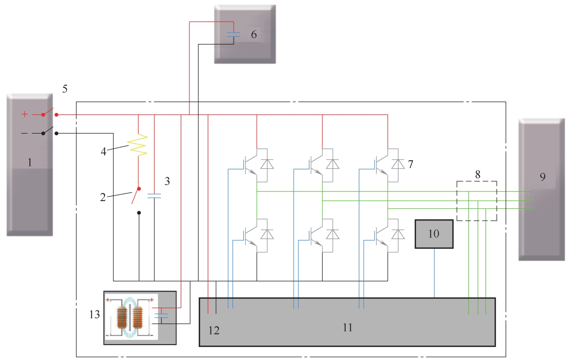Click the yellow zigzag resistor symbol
coord(138,145)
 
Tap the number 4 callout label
coord(104,152)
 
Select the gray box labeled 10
coord(434,234)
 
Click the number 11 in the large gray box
coord(348,328)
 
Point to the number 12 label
coord(214,331)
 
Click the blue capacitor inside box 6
coord(234,35)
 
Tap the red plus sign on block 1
coord(25,114)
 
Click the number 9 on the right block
coord(543,177)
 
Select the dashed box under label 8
coord(477,201)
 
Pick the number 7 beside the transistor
coord(410,164)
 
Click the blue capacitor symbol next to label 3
coord(154,195)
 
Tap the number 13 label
coord(94,315)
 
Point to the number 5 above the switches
coord(65,89)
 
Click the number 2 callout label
coord(103,197)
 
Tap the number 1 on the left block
coord(30,163)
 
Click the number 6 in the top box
coord(254,35)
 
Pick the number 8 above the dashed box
coord(478,174)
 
